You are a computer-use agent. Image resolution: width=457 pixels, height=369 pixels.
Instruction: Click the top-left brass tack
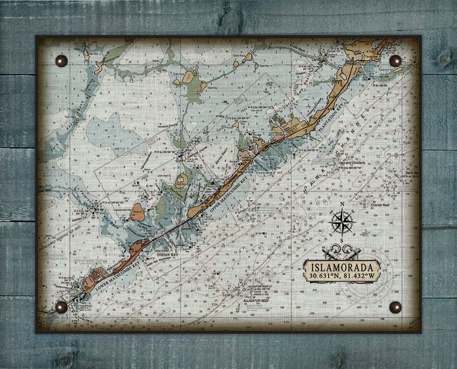click(61, 61)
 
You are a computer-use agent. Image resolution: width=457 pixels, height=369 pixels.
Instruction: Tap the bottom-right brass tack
click(395, 307)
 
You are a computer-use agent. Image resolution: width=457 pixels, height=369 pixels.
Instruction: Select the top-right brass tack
click(395, 61)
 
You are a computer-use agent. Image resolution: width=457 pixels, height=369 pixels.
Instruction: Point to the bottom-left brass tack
click(61, 307)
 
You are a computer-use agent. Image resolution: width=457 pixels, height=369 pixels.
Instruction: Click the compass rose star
click(343, 222)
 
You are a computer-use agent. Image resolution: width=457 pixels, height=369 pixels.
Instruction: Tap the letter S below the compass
click(343, 241)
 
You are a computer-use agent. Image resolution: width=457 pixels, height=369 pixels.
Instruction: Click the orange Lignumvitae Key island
click(137, 212)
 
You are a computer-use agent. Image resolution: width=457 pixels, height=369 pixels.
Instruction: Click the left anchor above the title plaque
click(330, 252)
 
